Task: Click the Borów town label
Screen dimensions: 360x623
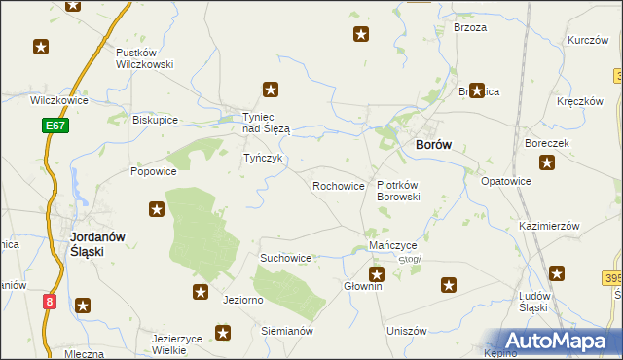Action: pos(433,144)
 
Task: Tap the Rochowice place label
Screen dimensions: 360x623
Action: pos(338,185)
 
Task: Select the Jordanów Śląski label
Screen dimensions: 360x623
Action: pos(89,243)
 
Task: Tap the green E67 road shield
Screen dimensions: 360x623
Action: pos(55,126)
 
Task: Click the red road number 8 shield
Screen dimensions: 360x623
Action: pos(50,302)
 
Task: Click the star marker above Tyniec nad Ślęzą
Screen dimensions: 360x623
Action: pos(272,90)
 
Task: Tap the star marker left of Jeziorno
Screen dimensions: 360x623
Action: pos(201,292)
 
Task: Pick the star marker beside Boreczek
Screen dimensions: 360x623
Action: pos(548,162)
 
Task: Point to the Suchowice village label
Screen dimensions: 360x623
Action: pos(285,258)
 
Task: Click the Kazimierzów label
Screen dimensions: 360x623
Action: pos(549,225)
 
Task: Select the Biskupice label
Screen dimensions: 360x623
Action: pos(156,120)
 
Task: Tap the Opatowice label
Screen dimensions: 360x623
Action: pos(506,181)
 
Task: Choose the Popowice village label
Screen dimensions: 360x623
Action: pos(154,171)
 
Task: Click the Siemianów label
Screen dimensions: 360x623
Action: pos(285,331)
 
